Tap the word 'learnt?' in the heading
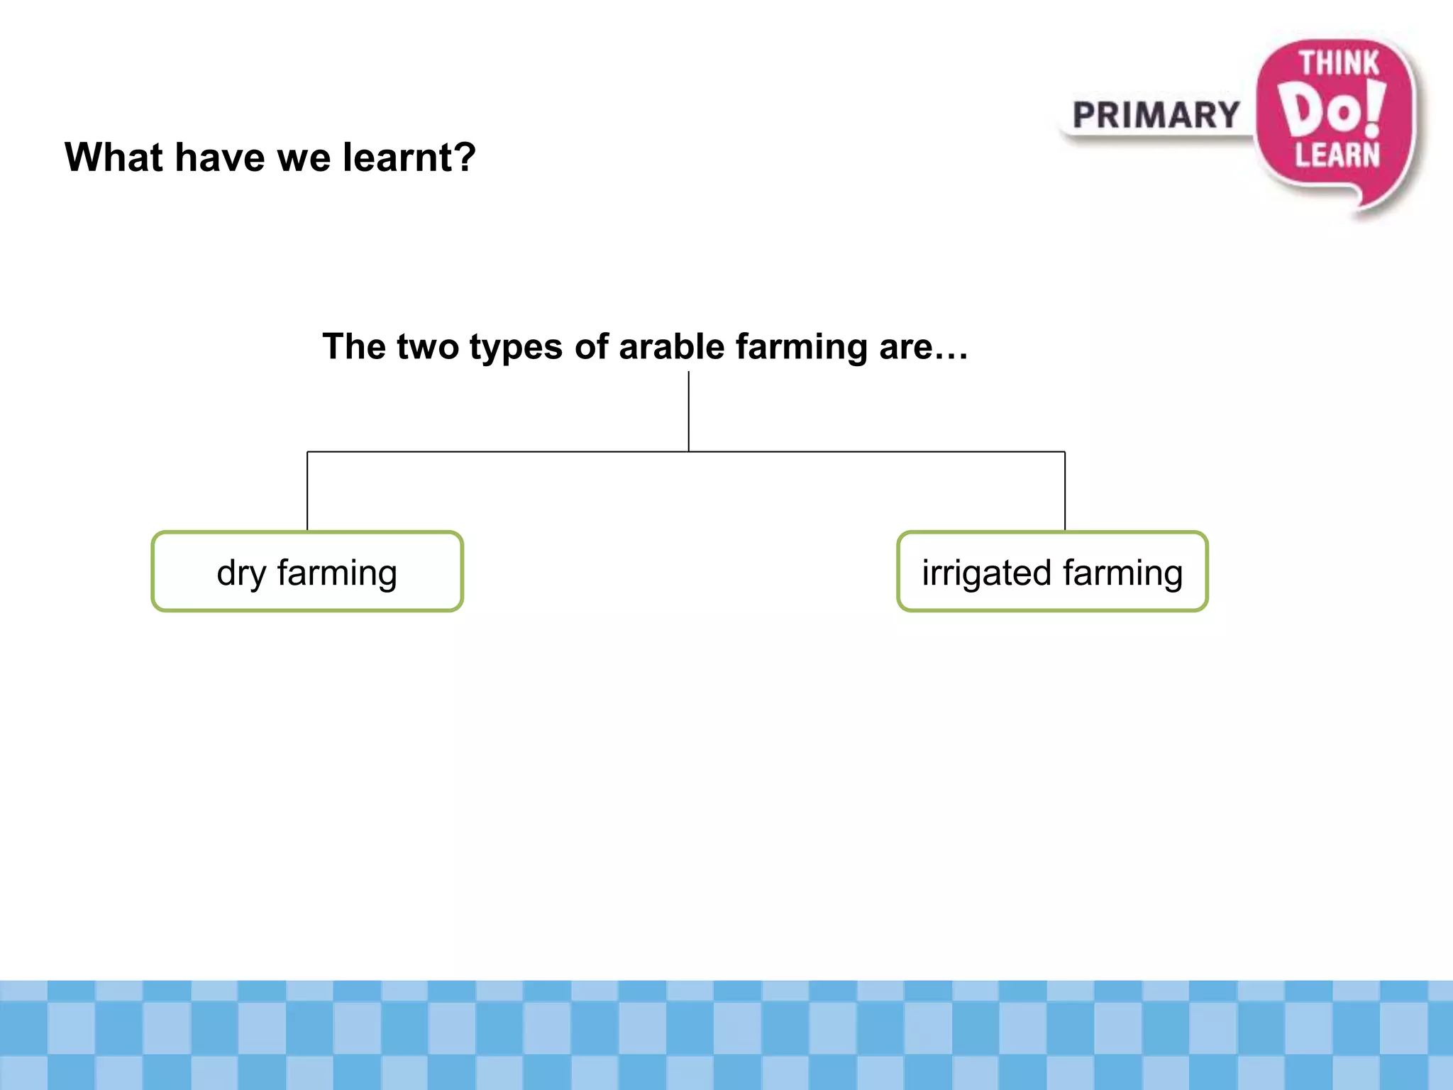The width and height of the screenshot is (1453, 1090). pyautogui.click(x=409, y=157)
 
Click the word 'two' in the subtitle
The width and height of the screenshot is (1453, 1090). pyautogui.click(x=428, y=346)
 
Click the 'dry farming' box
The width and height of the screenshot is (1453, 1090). pyautogui.click(x=307, y=571)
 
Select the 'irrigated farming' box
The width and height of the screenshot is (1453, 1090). pyautogui.click(x=1052, y=571)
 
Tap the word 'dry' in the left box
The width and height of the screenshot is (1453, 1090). pyautogui.click(x=241, y=573)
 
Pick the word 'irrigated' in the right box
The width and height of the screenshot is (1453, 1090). pyautogui.click(x=986, y=573)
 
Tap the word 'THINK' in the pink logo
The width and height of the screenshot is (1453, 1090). pyautogui.click(x=1339, y=64)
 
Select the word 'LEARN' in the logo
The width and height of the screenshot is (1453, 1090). pyautogui.click(x=1337, y=155)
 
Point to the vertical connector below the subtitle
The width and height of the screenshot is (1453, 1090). pyautogui.click(x=688, y=412)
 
